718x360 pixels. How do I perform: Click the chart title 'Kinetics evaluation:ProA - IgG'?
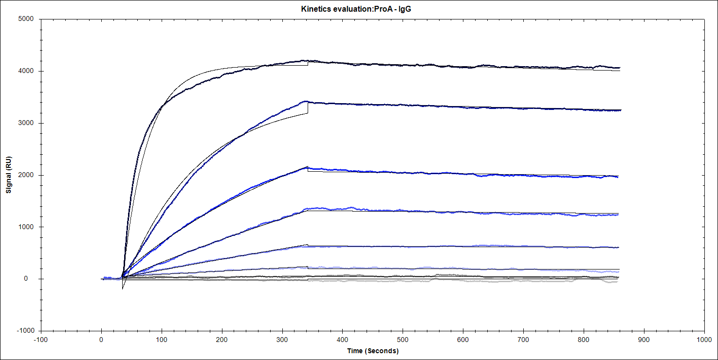[359, 9]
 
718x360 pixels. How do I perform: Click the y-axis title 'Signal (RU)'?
[9, 175]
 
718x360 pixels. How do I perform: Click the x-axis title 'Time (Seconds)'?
[372, 351]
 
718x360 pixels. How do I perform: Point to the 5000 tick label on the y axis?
[26, 19]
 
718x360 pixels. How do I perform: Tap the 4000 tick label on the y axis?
[26, 71]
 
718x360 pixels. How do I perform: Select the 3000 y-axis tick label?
[26, 123]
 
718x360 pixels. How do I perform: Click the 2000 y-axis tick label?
[26, 175]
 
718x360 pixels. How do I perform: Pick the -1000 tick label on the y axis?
[24, 331]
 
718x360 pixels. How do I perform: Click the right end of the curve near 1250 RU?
[618, 215]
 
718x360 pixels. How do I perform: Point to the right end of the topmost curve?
[619, 68]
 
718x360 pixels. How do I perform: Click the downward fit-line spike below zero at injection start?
[123, 288]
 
